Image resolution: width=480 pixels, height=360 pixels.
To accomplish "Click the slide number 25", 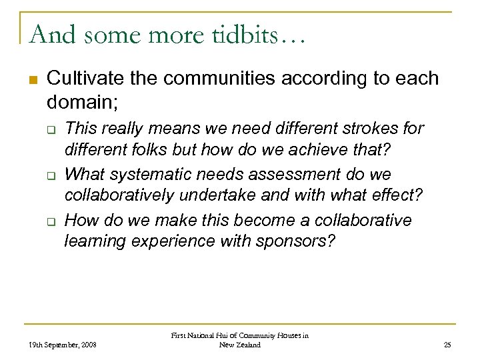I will point(446,345).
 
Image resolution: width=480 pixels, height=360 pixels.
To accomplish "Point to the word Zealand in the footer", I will point(248,345).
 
